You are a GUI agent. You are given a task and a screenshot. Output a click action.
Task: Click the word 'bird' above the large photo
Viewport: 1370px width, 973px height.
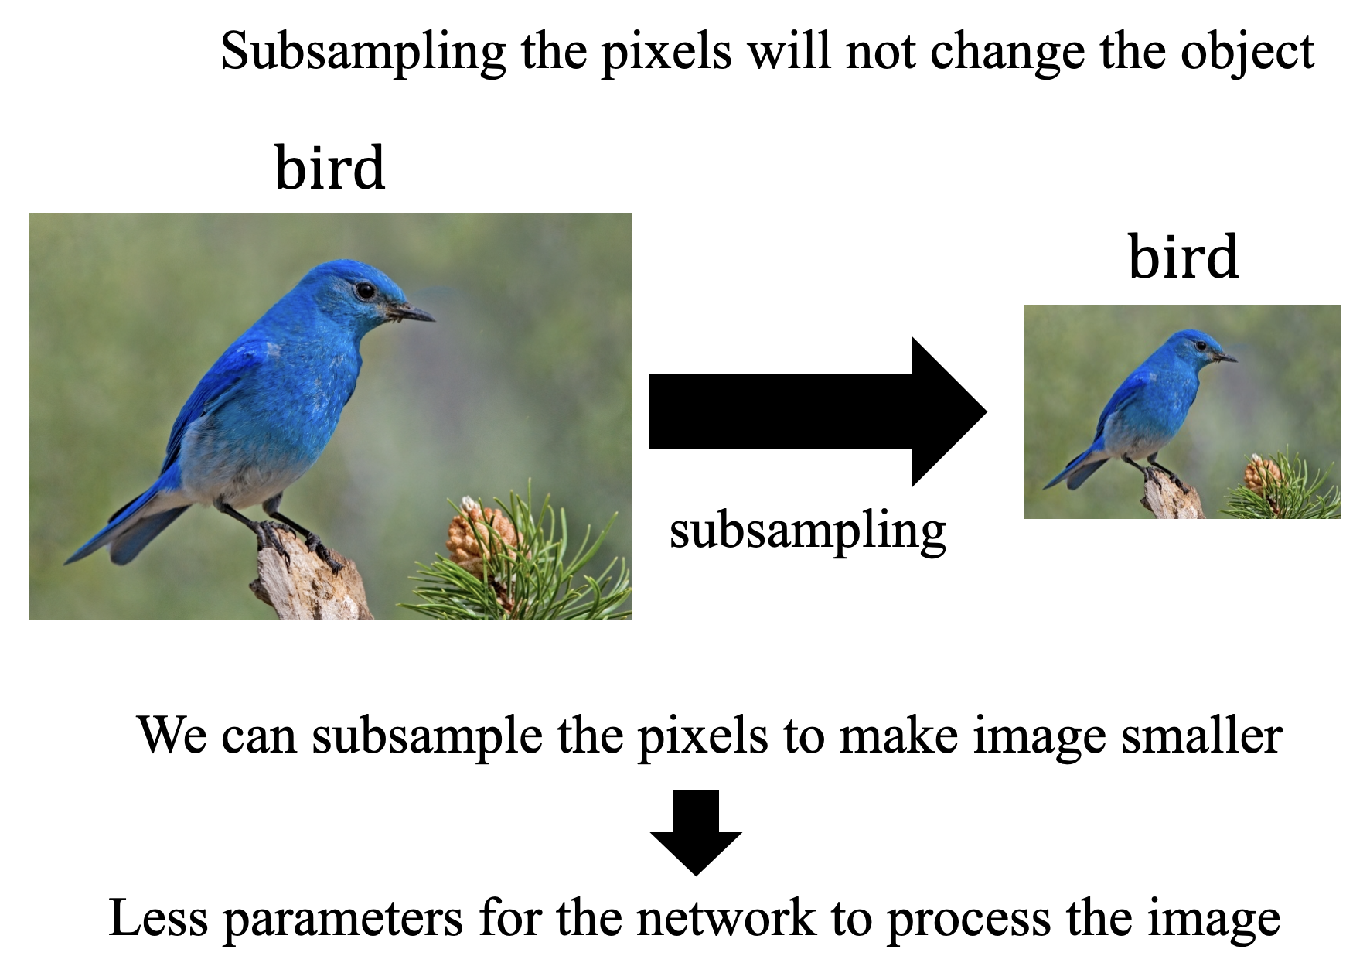[x=330, y=168]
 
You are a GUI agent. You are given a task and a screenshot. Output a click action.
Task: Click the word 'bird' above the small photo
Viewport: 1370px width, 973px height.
[x=1183, y=257]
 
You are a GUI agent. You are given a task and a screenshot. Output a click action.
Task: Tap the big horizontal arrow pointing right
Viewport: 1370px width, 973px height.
[x=818, y=411]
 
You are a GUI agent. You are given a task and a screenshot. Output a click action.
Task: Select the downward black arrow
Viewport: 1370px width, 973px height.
[x=696, y=833]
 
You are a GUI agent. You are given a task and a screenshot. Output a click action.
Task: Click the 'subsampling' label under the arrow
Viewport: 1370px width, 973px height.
[x=808, y=532]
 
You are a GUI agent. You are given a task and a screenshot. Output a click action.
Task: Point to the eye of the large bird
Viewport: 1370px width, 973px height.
[x=365, y=291]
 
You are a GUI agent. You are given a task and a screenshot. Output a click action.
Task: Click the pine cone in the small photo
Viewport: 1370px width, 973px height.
[x=1262, y=474]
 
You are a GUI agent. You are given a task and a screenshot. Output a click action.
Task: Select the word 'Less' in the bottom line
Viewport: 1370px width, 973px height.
[x=158, y=918]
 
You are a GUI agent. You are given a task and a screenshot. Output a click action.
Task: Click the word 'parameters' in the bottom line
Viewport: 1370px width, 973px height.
[x=343, y=920]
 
